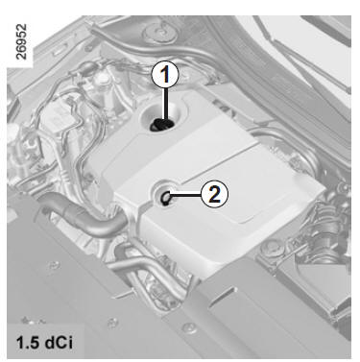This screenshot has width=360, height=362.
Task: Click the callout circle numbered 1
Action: click(165, 75)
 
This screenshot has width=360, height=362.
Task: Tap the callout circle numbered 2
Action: click(214, 193)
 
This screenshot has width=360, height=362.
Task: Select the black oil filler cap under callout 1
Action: click(161, 125)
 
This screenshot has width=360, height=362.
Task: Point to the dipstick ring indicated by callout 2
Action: click(166, 198)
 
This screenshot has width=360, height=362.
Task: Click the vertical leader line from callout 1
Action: click(166, 105)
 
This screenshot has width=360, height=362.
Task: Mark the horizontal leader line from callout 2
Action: click(185, 194)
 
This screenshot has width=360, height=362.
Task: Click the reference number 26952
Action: click(21, 41)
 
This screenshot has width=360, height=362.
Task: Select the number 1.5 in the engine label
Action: click(29, 343)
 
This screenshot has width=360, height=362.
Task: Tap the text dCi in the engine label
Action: click(60, 343)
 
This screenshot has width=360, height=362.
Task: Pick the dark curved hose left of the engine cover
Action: click(84, 217)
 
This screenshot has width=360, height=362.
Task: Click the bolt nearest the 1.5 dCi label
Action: click(112, 323)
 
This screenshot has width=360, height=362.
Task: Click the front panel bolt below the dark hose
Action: click(54, 265)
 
